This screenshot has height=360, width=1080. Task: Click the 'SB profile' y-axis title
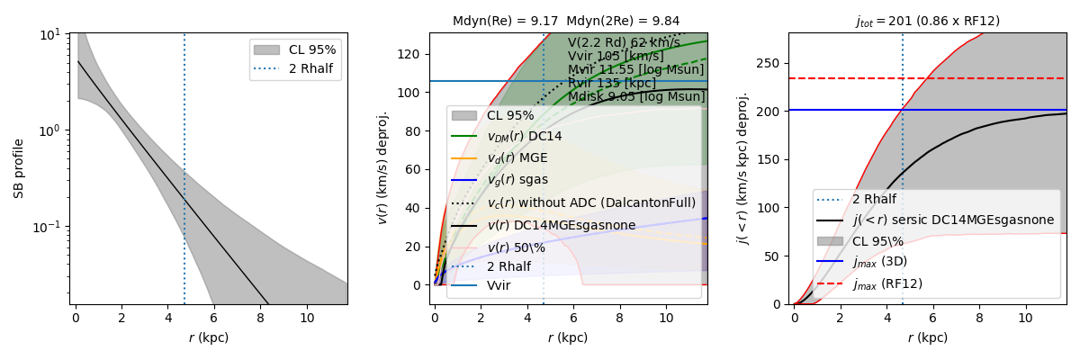click(x=19, y=168)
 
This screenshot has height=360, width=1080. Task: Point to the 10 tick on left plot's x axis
click(x=307, y=319)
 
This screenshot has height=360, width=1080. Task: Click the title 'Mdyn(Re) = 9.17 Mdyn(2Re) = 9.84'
click(x=566, y=21)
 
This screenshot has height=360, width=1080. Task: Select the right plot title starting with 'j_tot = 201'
click(x=927, y=21)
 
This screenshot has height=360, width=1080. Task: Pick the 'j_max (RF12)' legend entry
click(x=886, y=283)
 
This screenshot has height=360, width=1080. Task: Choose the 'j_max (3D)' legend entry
click(x=881, y=262)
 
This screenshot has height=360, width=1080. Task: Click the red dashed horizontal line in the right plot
click(x=990, y=78)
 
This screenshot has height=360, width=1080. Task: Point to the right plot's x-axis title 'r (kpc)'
click(x=927, y=338)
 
